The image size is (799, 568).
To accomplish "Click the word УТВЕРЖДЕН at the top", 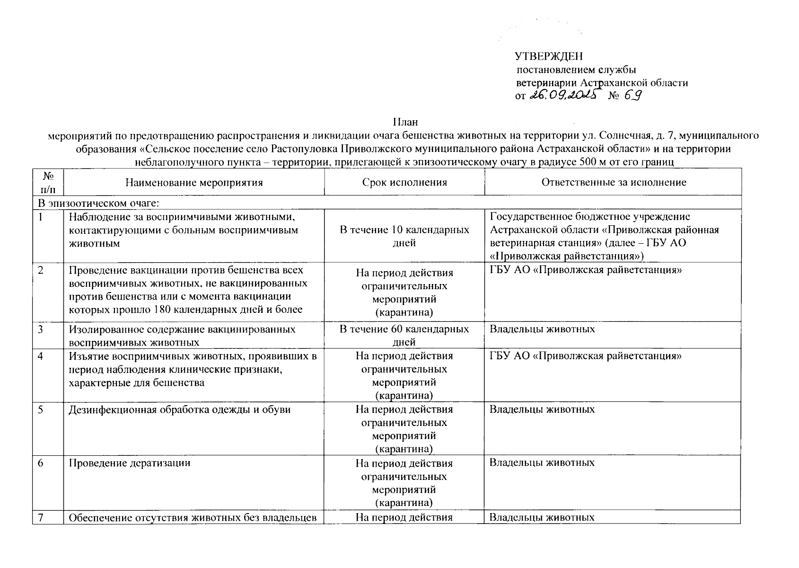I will click(549, 57).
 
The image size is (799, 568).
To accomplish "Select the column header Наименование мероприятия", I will click(194, 183).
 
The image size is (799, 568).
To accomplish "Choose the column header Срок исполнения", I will click(404, 183).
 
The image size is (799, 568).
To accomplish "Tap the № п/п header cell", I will click(48, 183).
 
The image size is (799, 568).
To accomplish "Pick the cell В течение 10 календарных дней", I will click(404, 236).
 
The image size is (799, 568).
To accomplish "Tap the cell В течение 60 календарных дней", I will click(404, 335).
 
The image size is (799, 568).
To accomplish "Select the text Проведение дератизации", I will click(130, 463).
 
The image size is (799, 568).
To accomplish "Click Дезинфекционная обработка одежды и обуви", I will click(180, 409).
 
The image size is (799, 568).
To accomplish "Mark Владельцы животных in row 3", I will click(542, 329).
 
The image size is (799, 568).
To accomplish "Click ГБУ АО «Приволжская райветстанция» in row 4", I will click(586, 356).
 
